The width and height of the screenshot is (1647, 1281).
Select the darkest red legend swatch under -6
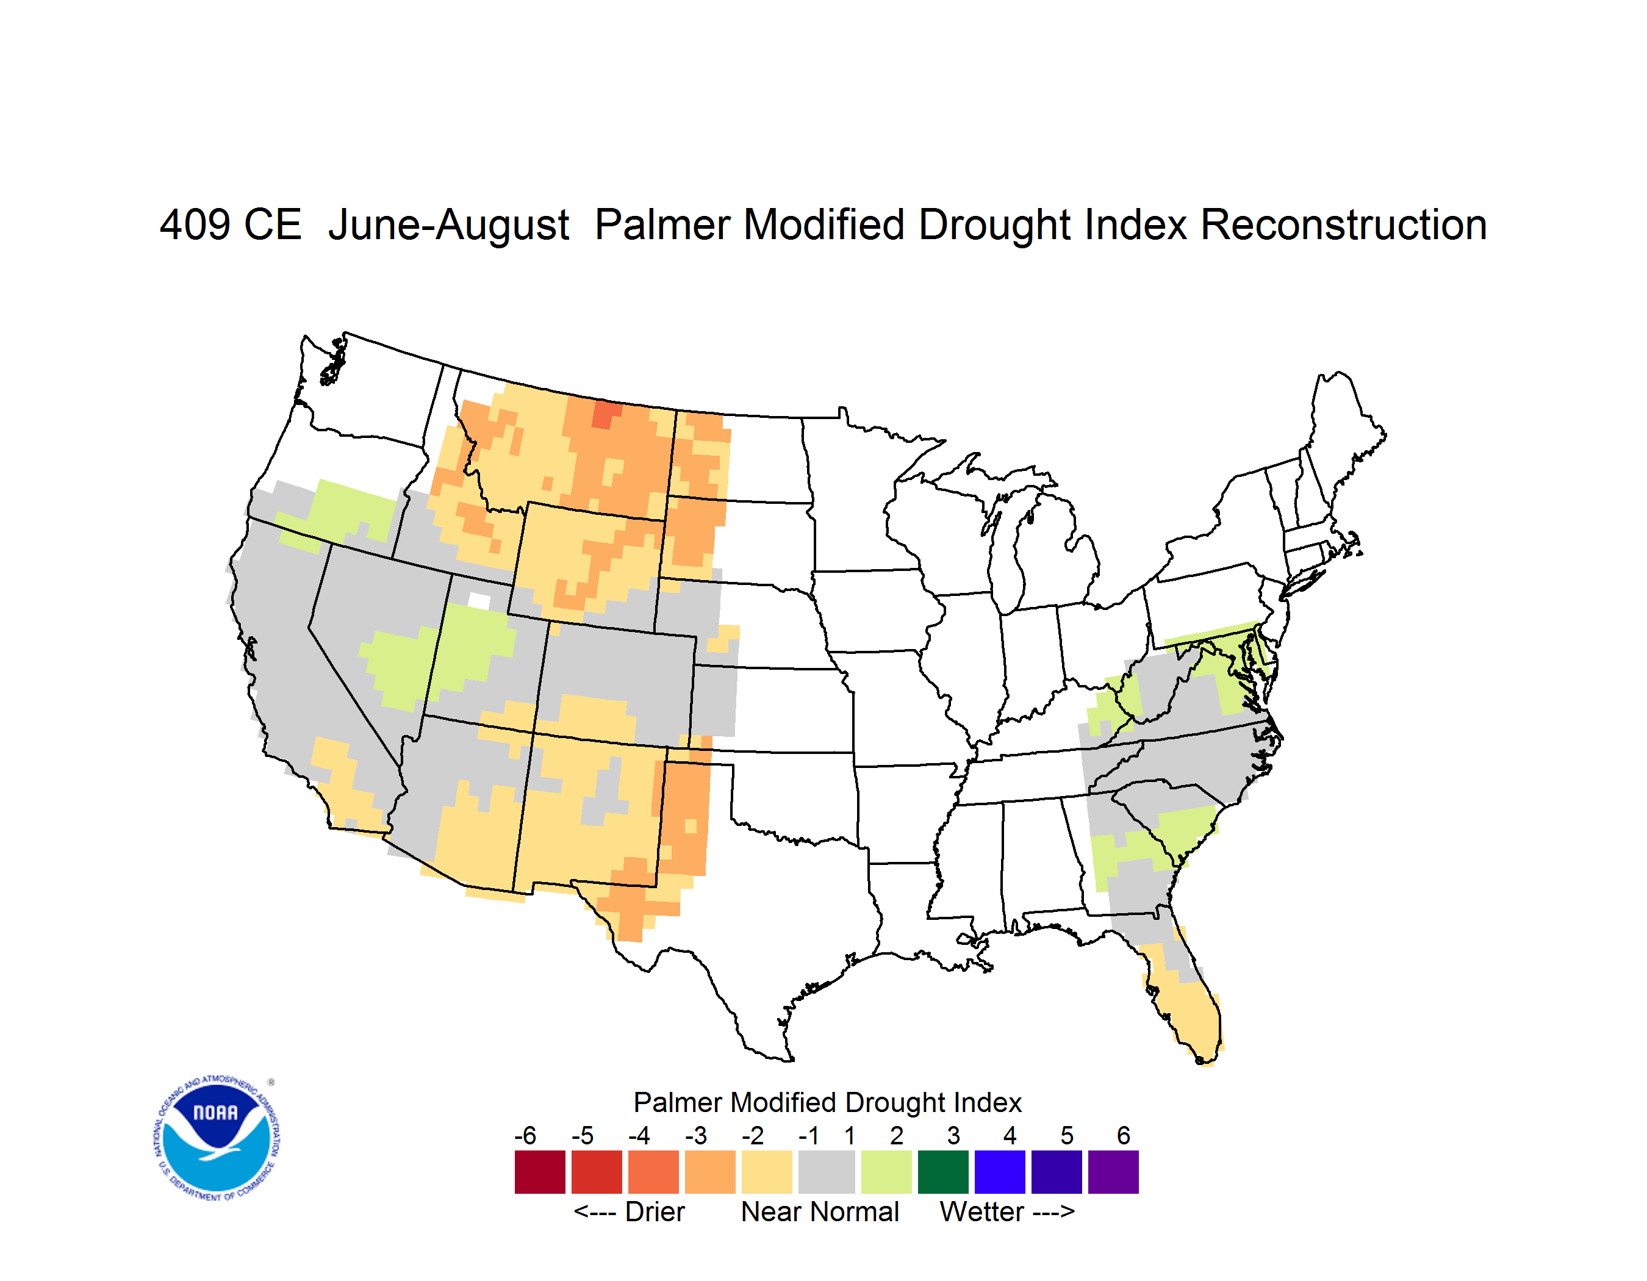tap(540, 1172)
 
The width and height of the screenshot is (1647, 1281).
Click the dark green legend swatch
tap(942, 1172)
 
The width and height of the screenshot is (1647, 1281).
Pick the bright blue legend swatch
tap(1000, 1172)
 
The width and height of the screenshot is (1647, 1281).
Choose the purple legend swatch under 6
tap(1113, 1172)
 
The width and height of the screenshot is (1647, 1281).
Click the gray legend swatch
tap(827, 1172)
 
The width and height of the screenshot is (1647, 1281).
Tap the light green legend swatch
tap(886, 1172)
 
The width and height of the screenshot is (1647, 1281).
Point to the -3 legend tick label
tap(695, 1135)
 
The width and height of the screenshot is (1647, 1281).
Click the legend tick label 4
tap(1010, 1135)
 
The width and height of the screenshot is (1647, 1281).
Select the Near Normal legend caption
tap(820, 1211)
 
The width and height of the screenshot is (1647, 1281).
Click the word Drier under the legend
tap(655, 1211)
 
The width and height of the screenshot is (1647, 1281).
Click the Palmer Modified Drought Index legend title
tap(827, 1102)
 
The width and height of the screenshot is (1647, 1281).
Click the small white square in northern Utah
tap(479, 601)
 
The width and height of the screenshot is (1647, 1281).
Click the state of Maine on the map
tap(1344, 430)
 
